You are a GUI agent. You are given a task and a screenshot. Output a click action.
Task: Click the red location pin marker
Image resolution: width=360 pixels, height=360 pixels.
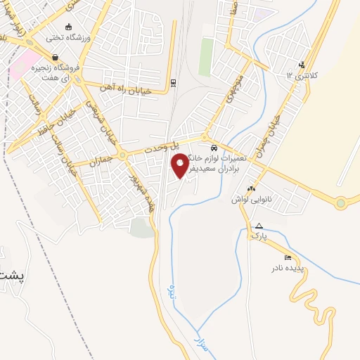click(181, 166)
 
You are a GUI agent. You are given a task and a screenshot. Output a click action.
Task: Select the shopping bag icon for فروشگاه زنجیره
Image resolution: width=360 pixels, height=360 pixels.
click(54, 58)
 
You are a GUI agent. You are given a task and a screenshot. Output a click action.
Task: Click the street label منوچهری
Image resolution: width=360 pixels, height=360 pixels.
click(235, 87)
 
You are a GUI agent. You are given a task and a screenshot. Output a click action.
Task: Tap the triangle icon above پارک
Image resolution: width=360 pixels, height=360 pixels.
click(259, 226)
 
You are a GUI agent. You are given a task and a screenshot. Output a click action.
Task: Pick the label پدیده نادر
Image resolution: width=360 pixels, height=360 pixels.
click(288, 269)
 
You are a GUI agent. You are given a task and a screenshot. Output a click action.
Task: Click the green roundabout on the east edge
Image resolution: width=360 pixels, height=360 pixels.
click(341, 203)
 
